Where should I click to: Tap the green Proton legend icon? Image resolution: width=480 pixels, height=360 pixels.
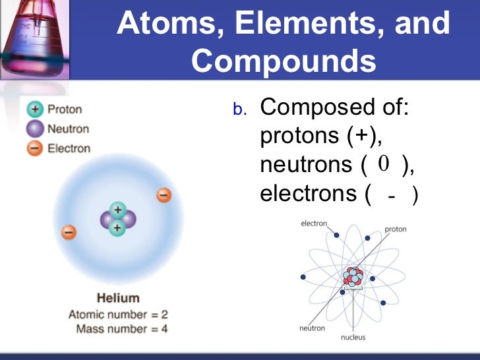click(36, 110)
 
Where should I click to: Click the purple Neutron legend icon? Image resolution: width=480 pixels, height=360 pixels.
click(36, 129)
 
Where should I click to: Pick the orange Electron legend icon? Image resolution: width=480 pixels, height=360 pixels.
click(36, 148)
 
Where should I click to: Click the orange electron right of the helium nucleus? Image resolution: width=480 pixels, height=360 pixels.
click(164, 195)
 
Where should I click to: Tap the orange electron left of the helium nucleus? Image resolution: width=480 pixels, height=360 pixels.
click(69, 232)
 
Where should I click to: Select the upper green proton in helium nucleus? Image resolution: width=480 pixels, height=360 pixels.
click(117, 210)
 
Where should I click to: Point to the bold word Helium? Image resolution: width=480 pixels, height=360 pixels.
click(118, 298)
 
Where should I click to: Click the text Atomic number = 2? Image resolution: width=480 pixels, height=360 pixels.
click(118, 314)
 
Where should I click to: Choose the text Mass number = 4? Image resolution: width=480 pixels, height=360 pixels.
click(122, 328)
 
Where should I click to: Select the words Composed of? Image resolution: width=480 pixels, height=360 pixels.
click(335, 107)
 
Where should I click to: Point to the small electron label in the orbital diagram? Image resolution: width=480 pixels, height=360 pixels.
click(314, 224)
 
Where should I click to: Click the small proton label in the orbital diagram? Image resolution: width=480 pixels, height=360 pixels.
click(396, 229)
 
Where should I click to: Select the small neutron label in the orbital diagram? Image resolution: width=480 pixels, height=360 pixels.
click(312, 328)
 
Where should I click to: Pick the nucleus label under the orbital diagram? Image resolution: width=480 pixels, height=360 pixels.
click(353, 338)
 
